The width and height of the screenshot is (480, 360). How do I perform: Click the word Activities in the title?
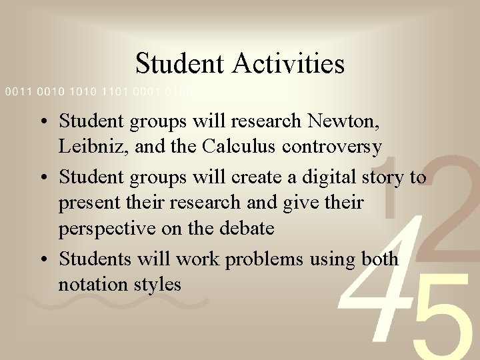(x=289, y=64)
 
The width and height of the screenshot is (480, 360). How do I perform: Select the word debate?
(x=243, y=228)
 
